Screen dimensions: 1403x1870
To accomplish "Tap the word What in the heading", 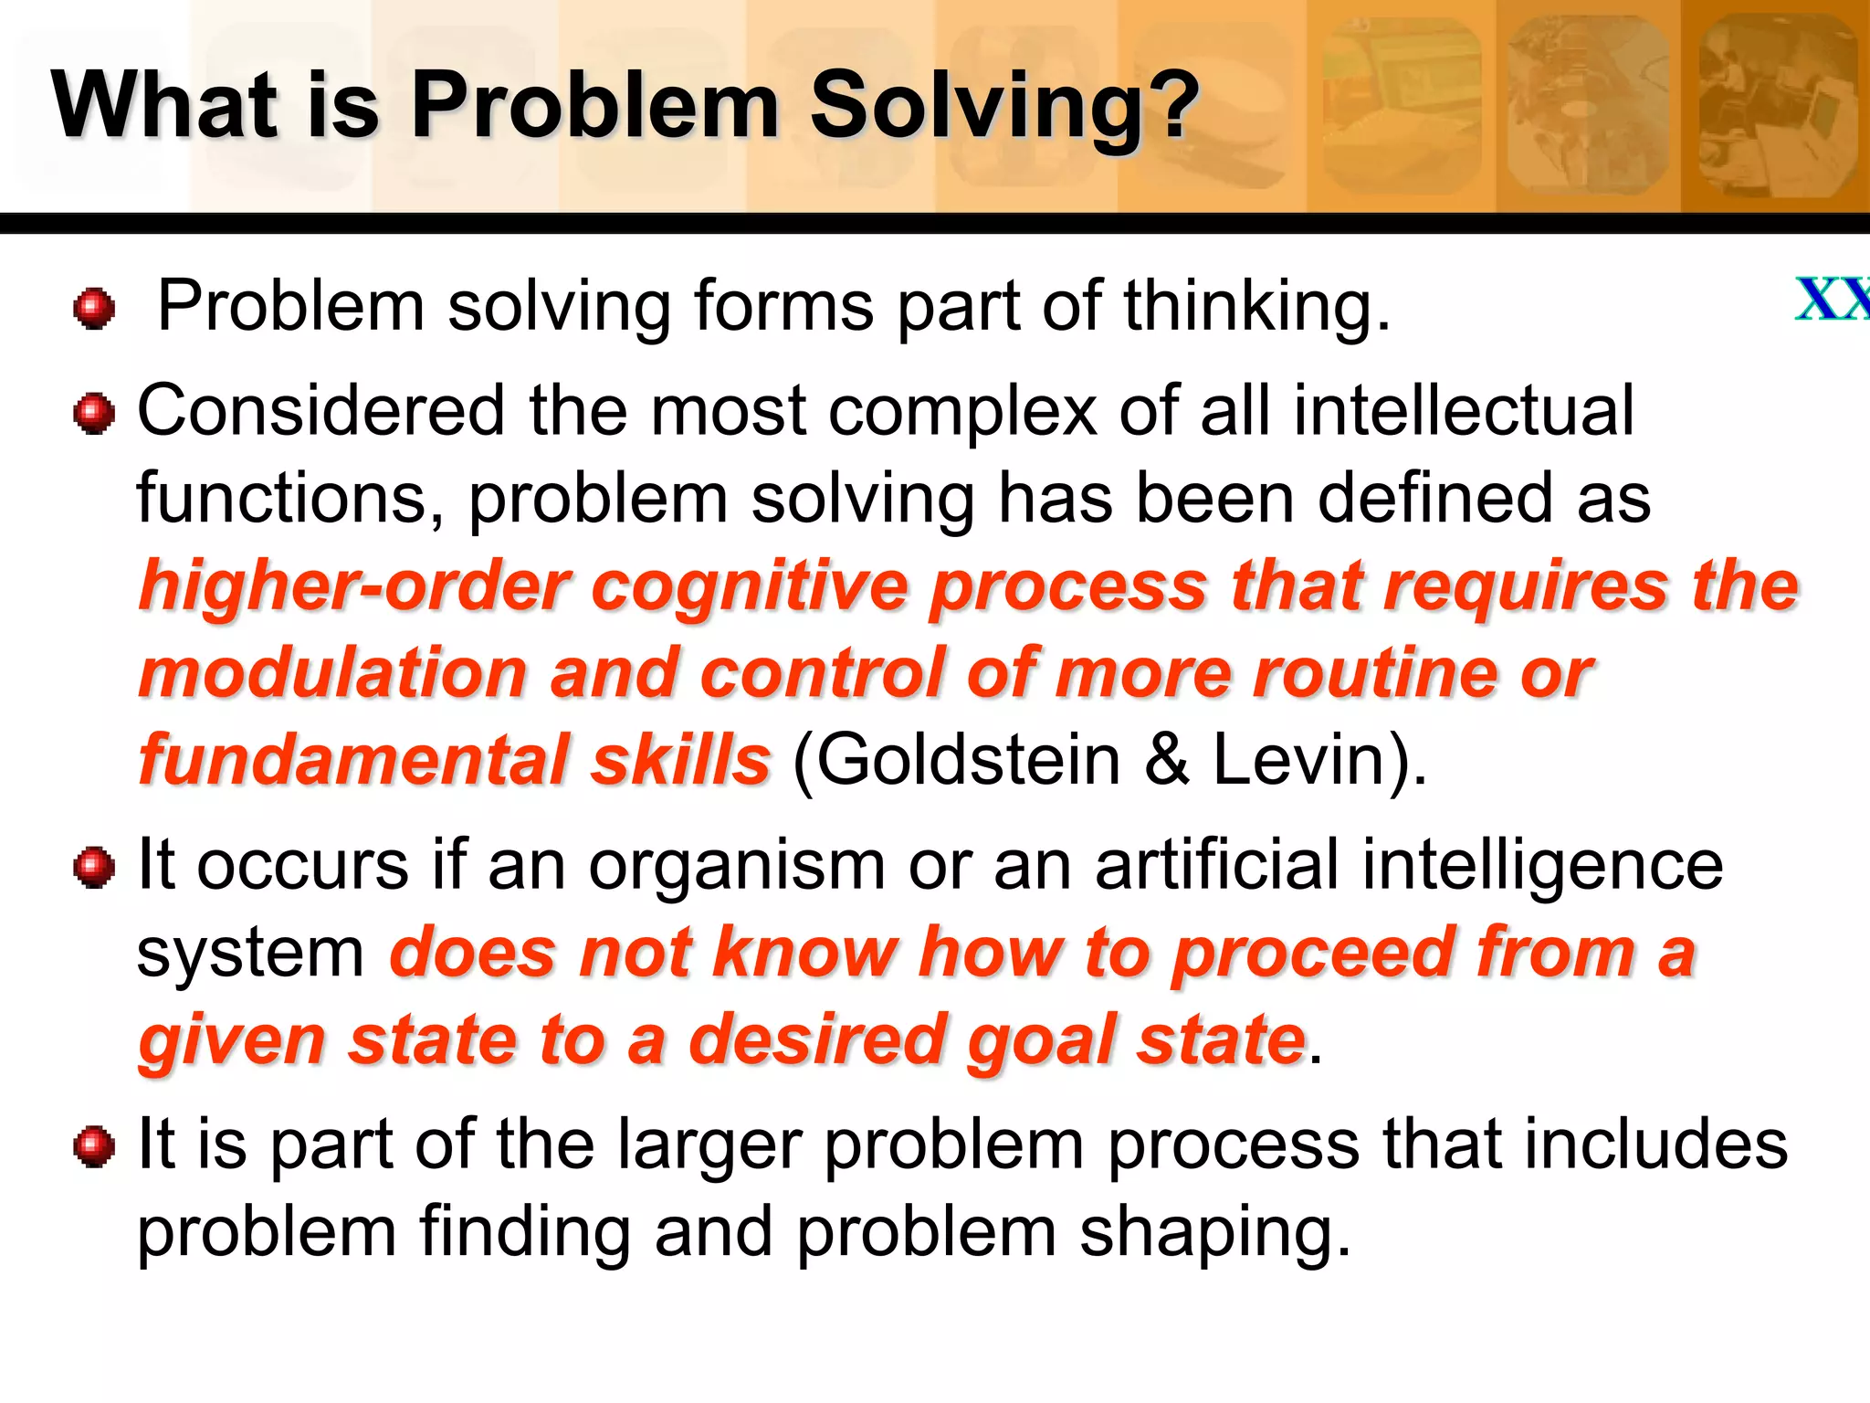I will tap(164, 105).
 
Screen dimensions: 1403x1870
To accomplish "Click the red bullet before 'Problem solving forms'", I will tap(94, 308).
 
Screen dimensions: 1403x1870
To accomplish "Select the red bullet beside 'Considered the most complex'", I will tap(94, 414).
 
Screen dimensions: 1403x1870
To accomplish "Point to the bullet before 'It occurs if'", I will tap(94, 867).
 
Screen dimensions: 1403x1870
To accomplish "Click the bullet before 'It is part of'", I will tap(94, 1145).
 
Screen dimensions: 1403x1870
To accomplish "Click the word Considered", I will tap(320, 411).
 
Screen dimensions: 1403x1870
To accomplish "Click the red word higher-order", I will tap(354, 586).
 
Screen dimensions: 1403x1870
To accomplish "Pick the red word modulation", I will tap(333, 674).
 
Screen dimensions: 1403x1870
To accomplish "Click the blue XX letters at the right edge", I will tap(1832, 300).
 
